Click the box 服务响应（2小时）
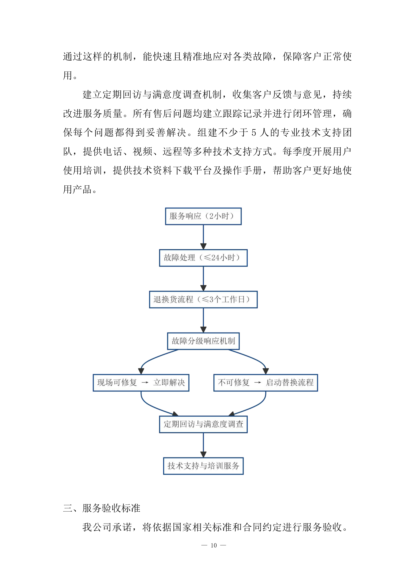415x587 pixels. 203,216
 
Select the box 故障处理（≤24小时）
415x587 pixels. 203,258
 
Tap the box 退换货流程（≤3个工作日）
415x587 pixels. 203,299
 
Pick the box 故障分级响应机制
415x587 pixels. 203,341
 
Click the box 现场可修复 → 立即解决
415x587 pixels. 141,383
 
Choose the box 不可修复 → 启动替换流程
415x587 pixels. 266,383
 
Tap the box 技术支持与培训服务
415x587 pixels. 203,466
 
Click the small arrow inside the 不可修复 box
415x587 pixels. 257,383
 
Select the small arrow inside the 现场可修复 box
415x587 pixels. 145,383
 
